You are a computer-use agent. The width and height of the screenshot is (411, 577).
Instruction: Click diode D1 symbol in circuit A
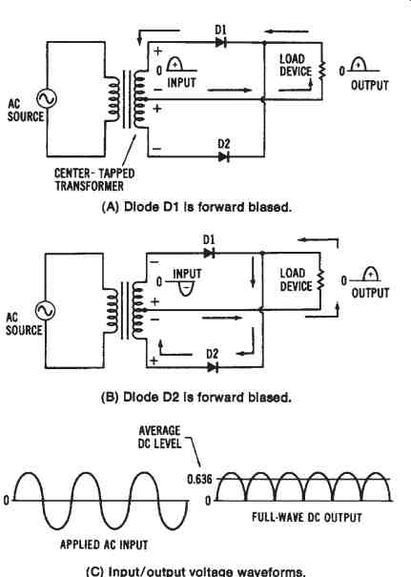click(221, 43)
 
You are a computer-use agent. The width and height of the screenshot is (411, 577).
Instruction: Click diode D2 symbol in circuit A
click(224, 157)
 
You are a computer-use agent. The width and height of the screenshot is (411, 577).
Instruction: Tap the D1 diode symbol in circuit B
click(209, 253)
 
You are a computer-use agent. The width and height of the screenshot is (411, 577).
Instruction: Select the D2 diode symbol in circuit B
click(213, 367)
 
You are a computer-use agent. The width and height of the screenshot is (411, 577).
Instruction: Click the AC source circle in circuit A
click(47, 98)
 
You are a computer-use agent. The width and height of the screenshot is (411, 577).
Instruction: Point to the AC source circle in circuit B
click(45, 310)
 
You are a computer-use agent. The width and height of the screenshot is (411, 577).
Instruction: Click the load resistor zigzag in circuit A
click(322, 71)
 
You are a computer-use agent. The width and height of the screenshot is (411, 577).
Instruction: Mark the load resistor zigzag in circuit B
click(320, 279)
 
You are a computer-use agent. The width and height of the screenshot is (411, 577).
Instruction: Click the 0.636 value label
click(200, 479)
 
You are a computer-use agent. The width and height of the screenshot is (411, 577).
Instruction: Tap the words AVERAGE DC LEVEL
click(160, 437)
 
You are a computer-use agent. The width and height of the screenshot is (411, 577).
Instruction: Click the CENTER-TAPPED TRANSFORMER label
click(94, 179)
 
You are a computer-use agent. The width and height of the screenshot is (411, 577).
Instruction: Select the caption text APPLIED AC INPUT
click(104, 545)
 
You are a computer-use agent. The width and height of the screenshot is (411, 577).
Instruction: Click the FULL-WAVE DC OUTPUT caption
click(307, 517)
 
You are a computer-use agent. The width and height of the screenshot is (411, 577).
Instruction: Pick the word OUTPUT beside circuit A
click(370, 86)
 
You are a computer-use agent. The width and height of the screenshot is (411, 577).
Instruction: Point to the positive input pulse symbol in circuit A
click(175, 64)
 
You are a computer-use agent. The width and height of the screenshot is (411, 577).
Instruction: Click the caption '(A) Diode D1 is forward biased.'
click(196, 207)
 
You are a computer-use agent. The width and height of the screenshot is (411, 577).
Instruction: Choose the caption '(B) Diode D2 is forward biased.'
click(196, 397)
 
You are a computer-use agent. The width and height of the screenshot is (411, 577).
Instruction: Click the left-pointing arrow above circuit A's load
click(286, 31)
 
